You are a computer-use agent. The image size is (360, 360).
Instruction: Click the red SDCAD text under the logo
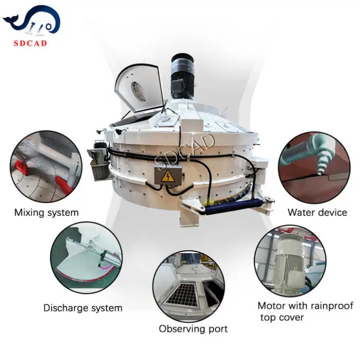pos(30,43)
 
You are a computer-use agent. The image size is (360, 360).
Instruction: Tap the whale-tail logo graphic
pos(32,21)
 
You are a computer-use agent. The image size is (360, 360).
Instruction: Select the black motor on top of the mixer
pos(183,77)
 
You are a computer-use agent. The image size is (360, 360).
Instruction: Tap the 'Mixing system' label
pos(46,212)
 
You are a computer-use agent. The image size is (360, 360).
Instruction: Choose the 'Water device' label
pos(317,212)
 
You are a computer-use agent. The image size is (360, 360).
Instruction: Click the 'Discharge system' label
pos(83,308)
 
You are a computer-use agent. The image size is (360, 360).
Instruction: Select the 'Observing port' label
pos(193,329)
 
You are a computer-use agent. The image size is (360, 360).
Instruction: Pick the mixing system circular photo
pos(46,167)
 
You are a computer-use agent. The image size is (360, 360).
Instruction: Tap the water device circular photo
pos(314,168)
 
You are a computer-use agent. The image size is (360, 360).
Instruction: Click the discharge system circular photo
pos(86,258)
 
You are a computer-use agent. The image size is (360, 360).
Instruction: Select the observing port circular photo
pos(189,286)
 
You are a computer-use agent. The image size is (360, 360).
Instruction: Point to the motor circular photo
pos(290,261)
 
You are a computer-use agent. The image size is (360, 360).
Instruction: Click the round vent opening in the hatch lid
pos(138,91)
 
